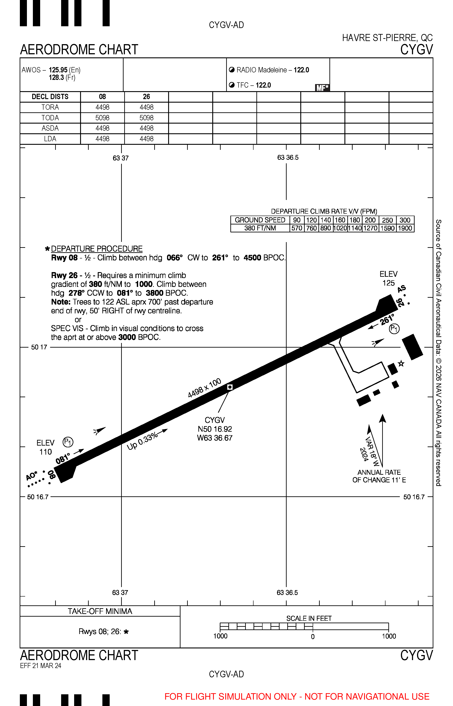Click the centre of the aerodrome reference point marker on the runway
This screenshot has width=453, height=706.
click(230, 387)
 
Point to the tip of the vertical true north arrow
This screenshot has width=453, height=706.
click(382, 414)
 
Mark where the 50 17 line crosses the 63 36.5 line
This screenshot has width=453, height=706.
click(286, 347)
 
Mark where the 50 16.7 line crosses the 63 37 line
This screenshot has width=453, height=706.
click(122, 497)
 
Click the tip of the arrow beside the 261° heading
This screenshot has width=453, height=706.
click(368, 329)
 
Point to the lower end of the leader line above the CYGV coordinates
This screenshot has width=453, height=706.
click(218, 412)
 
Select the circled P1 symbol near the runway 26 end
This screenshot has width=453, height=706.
click(394, 329)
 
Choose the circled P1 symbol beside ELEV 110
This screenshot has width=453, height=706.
click(68, 442)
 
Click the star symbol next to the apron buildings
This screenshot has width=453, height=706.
click(401, 363)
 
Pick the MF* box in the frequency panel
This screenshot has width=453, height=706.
click(322, 88)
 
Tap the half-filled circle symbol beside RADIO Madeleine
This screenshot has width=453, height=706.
click(232, 70)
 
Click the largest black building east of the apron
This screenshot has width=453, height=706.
click(412, 347)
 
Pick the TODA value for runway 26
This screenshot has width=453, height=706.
click(147, 118)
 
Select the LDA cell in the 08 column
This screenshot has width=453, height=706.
click(102, 139)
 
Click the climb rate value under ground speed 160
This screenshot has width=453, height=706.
click(340, 228)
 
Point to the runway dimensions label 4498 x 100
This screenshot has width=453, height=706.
click(205, 388)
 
